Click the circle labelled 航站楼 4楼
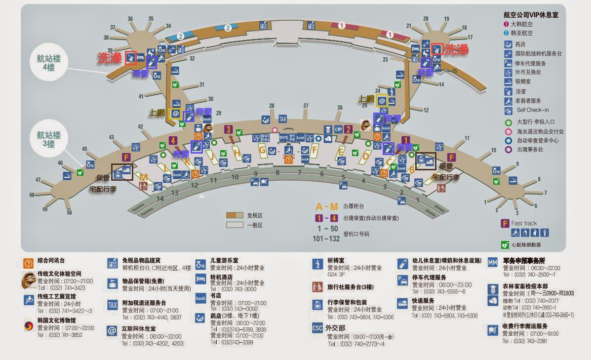(x=48, y=62)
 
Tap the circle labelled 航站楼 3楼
(x=48, y=139)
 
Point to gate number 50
(x=69, y=213)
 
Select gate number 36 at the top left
(x=130, y=19)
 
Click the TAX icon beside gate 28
(x=282, y=119)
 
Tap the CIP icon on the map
(x=339, y=129)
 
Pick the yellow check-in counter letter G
(x=262, y=150)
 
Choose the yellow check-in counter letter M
(x=143, y=177)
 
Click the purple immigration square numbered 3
(x=228, y=130)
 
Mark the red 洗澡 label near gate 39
(x=110, y=58)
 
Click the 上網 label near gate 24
(x=367, y=99)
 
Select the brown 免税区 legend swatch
(x=235, y=215)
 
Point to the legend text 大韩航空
(x=522, y=24)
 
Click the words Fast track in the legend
(x=524, y=223)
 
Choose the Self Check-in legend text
(x=533, y=110)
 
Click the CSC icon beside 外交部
(x=317, y=327)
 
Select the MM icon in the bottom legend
(x=492, y=262)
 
